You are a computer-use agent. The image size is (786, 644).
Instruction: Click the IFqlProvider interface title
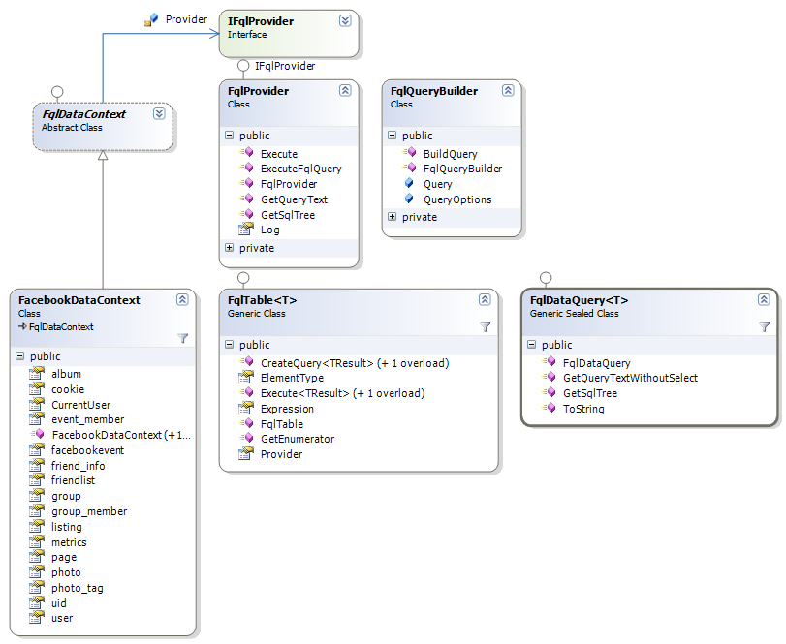click(x=261, y=21)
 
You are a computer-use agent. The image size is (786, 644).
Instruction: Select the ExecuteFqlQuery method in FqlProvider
click(x=300, y=169)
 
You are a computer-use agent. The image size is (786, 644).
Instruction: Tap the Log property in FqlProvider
click(x=269, y=230)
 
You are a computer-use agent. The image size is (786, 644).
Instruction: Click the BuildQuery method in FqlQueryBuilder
click(x=450, y=154)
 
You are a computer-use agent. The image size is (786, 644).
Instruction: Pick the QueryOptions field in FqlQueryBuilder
click(x=457, y=199)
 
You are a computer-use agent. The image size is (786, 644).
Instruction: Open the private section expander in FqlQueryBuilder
click(x=392, y=217)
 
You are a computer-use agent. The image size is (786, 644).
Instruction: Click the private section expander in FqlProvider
click(x=229, y=248)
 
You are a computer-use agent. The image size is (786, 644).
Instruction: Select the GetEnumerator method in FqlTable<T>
click(x=298, y=439)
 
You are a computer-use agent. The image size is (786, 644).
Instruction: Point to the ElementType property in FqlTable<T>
click(x=292, y=378)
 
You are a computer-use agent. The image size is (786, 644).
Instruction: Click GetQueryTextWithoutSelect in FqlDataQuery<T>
click(x=630, y=378)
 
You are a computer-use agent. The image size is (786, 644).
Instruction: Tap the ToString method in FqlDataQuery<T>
click(x=583, y=409)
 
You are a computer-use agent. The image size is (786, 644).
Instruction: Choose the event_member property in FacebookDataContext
click(x=88, y=419)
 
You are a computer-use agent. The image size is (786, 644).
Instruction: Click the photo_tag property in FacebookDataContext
click(x=78, y=588)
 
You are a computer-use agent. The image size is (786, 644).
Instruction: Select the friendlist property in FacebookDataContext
click(x=74, y=480)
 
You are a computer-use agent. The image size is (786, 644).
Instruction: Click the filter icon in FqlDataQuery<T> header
click(x=764, y=327)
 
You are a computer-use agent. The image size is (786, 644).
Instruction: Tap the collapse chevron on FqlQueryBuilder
click(x=508, y=90)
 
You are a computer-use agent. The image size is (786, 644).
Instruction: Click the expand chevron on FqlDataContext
click(x=159, y=113)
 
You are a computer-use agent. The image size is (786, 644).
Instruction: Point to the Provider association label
click(x=186, y=19)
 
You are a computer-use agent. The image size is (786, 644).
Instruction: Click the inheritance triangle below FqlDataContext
click(x=103, y=155)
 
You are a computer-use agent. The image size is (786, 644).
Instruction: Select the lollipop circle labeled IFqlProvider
click(x=243, y=66)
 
